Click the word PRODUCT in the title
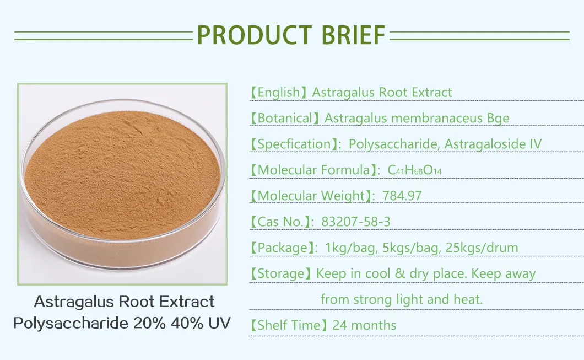coord(246,35)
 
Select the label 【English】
coord(279,93)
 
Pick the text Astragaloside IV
coord(493,144)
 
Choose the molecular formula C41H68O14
coord(414,171)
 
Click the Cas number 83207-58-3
coord(355,222)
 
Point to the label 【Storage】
coord(280,273)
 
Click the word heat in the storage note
coord(469,299)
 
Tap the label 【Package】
coord(281,248)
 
